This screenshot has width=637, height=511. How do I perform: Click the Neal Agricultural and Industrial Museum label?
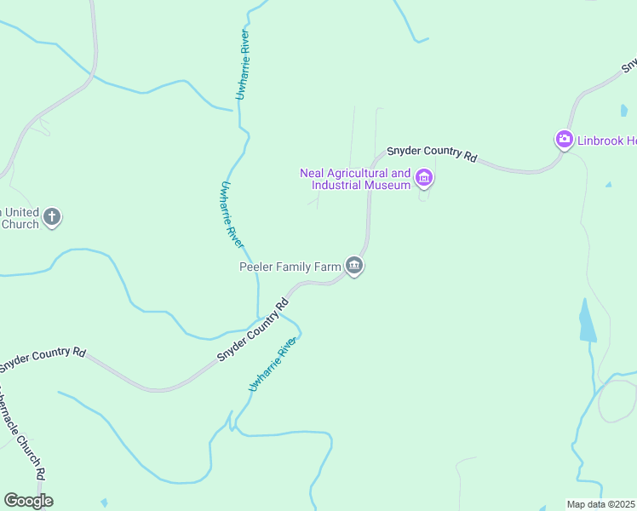tap(355, 179)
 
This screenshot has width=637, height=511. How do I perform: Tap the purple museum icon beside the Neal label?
tap(424, 179)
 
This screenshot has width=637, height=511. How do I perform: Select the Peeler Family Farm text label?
tap(290, 267)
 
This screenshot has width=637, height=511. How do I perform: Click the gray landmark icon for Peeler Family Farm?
tap(355, 267)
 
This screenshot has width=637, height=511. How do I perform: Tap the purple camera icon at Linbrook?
tap(564, 140)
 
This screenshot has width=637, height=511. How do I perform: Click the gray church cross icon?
tap(52, 216)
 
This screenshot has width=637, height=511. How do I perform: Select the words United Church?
tap(20, 218)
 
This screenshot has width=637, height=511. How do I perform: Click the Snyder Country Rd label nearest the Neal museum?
tap(432, 153)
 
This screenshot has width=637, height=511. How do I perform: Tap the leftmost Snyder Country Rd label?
tap(43, 359)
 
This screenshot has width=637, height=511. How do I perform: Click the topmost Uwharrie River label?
tap(243, 66)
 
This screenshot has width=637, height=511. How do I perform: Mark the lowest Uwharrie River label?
tap(273, 365)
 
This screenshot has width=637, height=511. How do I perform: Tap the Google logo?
tap(28, 501)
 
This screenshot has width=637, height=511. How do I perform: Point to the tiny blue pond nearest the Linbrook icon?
tap(608, 184)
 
